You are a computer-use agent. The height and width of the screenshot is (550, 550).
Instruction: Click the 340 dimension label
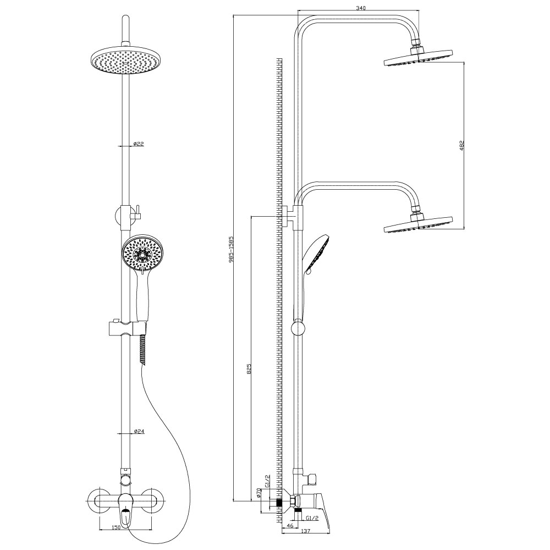pos(360,8)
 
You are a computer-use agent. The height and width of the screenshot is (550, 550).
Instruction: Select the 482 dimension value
pos(461,146)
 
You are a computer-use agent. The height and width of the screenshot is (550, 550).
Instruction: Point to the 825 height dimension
pos(249,370)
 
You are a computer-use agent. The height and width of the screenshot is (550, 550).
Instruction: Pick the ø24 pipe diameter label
pos(139,431)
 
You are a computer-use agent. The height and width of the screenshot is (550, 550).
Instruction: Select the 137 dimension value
pos(306,541)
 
